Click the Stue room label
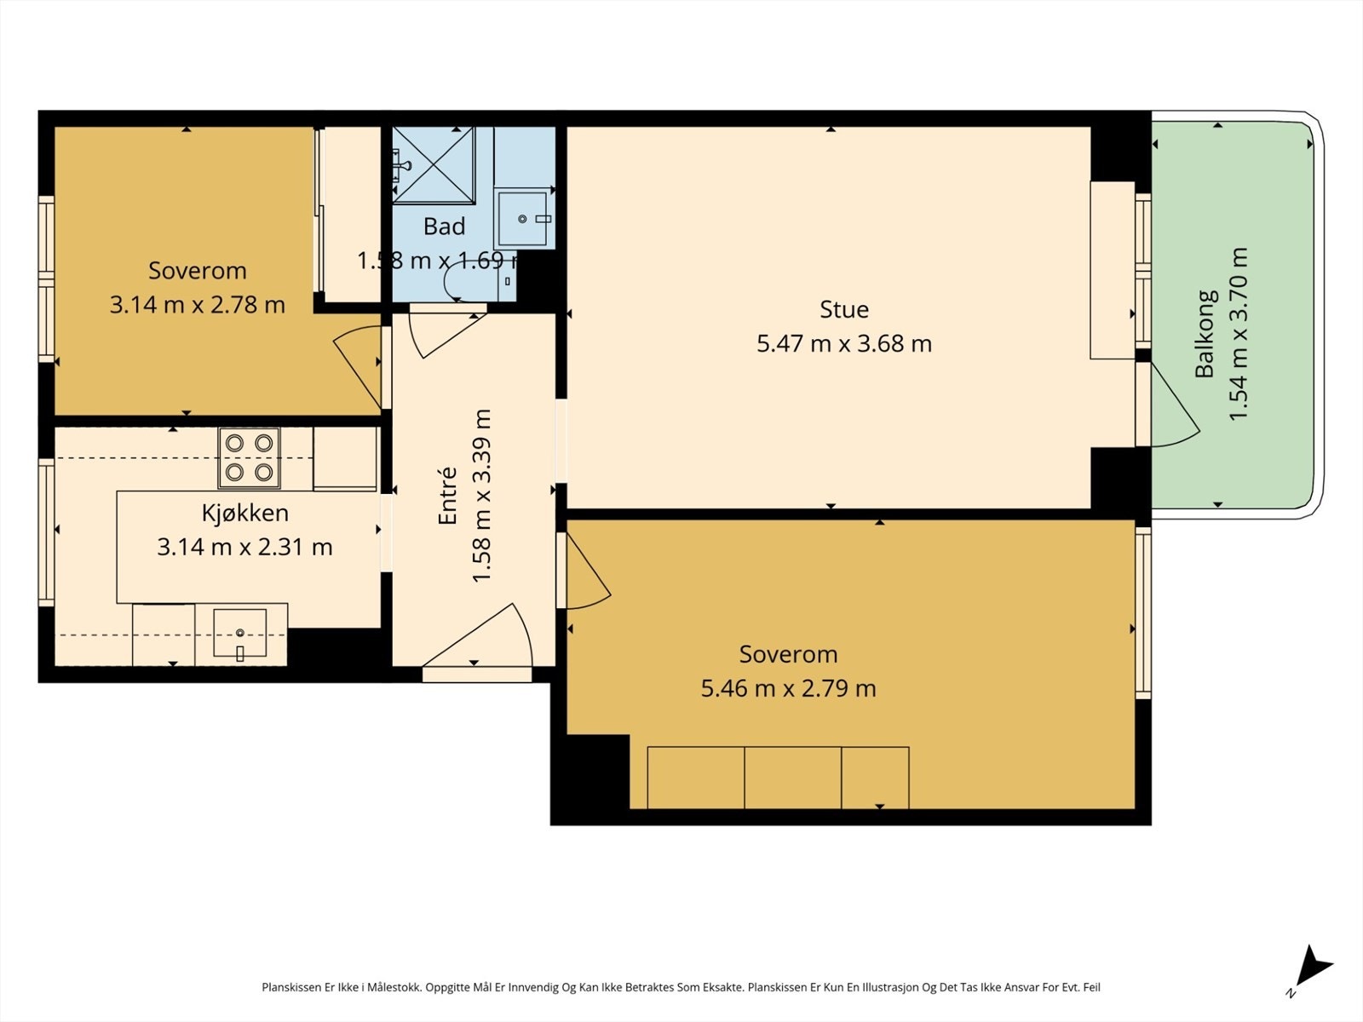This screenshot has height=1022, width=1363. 844,309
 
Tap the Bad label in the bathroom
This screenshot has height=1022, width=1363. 444,227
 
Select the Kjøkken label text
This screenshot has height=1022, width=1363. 245,513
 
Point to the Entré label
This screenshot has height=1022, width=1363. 447,496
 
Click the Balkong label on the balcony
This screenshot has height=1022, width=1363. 1205,334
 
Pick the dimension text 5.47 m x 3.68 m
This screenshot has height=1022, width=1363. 844,343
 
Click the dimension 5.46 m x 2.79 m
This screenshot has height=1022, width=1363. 788,688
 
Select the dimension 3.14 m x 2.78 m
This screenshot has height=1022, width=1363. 198,305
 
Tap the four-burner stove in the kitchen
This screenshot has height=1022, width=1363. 249,458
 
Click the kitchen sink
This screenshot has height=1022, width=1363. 239,633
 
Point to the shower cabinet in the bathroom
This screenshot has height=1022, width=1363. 434,165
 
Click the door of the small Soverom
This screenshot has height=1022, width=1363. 359,366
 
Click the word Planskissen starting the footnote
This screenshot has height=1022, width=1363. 291,987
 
